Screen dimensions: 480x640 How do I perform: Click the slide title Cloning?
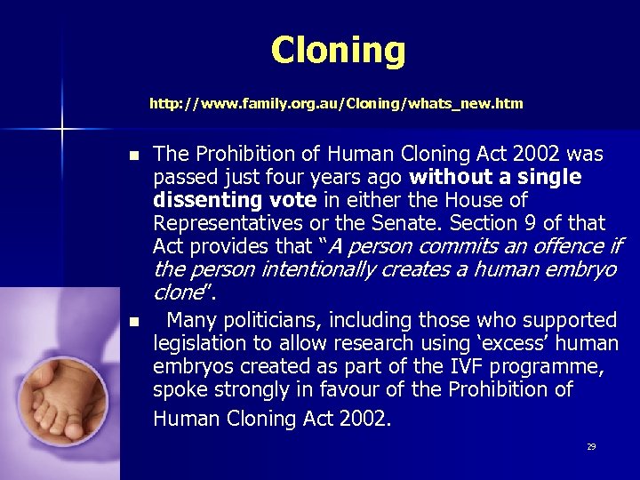[x=338, y=50]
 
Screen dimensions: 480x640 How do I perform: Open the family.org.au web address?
[x=336, y=104]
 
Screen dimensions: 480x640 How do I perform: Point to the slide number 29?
[x=591, y=447]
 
